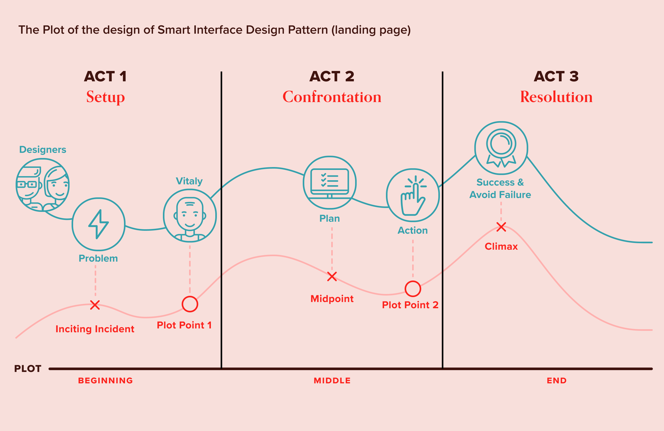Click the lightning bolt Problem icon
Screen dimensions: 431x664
(98, 224)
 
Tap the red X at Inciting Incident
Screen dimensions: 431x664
(95, 305)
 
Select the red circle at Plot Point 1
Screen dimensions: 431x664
(190, 304)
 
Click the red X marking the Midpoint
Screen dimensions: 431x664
(332, 277)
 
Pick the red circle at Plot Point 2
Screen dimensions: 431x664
(413, 289)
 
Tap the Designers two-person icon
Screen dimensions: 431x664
(42, 185)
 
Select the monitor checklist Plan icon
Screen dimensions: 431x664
(329, 183)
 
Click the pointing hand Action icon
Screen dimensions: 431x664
(413, 195)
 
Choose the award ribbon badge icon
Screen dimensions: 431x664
(501, 148)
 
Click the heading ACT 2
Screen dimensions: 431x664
(332, 76)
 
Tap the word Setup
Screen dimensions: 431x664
(106, 97)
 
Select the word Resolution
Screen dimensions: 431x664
(556, 97)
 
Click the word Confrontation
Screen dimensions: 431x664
(332, 97)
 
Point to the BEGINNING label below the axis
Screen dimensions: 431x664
(106, 380)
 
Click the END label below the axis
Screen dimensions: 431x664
(557, 380)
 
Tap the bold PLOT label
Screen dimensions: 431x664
(27, 369)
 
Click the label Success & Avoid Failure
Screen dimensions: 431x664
(500, 188)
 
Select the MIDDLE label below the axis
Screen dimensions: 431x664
(332, 380)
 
